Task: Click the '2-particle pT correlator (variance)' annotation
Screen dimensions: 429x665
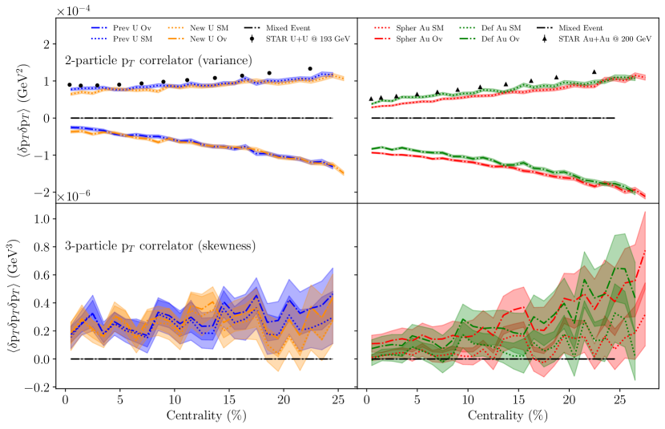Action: click(157, 60)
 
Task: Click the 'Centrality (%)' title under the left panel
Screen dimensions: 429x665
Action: click(200, 417)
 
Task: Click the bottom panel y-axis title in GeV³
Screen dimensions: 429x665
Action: click(17, 299)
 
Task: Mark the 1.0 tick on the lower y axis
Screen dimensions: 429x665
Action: click(43, 219)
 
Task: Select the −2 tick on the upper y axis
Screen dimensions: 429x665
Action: click(42, 192)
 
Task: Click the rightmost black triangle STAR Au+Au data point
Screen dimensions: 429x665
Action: click(594, 72)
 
